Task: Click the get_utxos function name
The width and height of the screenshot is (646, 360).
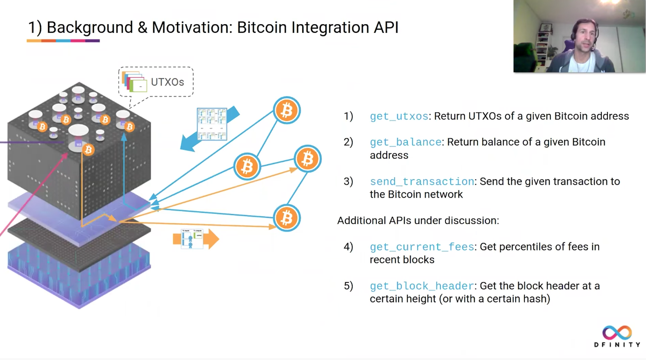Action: click(x=399, y=116)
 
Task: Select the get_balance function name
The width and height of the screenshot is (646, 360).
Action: click(x=405, y=142)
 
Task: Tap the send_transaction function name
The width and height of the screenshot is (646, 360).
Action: click(x=421, y=181)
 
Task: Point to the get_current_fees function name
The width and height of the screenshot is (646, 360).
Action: click(x=421, y=247)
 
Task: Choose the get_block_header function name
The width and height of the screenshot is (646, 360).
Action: click(x=421, y=286)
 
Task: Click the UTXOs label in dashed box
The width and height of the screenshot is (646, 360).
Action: click(x=167, y=82)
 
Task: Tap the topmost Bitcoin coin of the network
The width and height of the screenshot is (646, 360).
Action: click(x=286, y=110)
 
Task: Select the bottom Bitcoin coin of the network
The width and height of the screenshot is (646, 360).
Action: click(x=286, y=218)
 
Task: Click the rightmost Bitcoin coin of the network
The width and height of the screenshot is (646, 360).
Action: click(x=307, y=159)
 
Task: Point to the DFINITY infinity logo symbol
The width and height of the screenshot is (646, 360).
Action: click(x=617, y=333)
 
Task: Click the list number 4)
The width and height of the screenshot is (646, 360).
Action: click(x=348, y=247)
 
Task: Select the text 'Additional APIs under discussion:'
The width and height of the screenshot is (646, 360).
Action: click(x=418, y=220)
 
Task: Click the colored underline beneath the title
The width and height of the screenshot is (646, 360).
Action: click(x=63, y=41)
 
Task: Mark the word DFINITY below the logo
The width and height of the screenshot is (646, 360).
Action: click(x=617, y=345)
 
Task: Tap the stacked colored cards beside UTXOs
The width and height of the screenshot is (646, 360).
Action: click(x=134, y=82)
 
